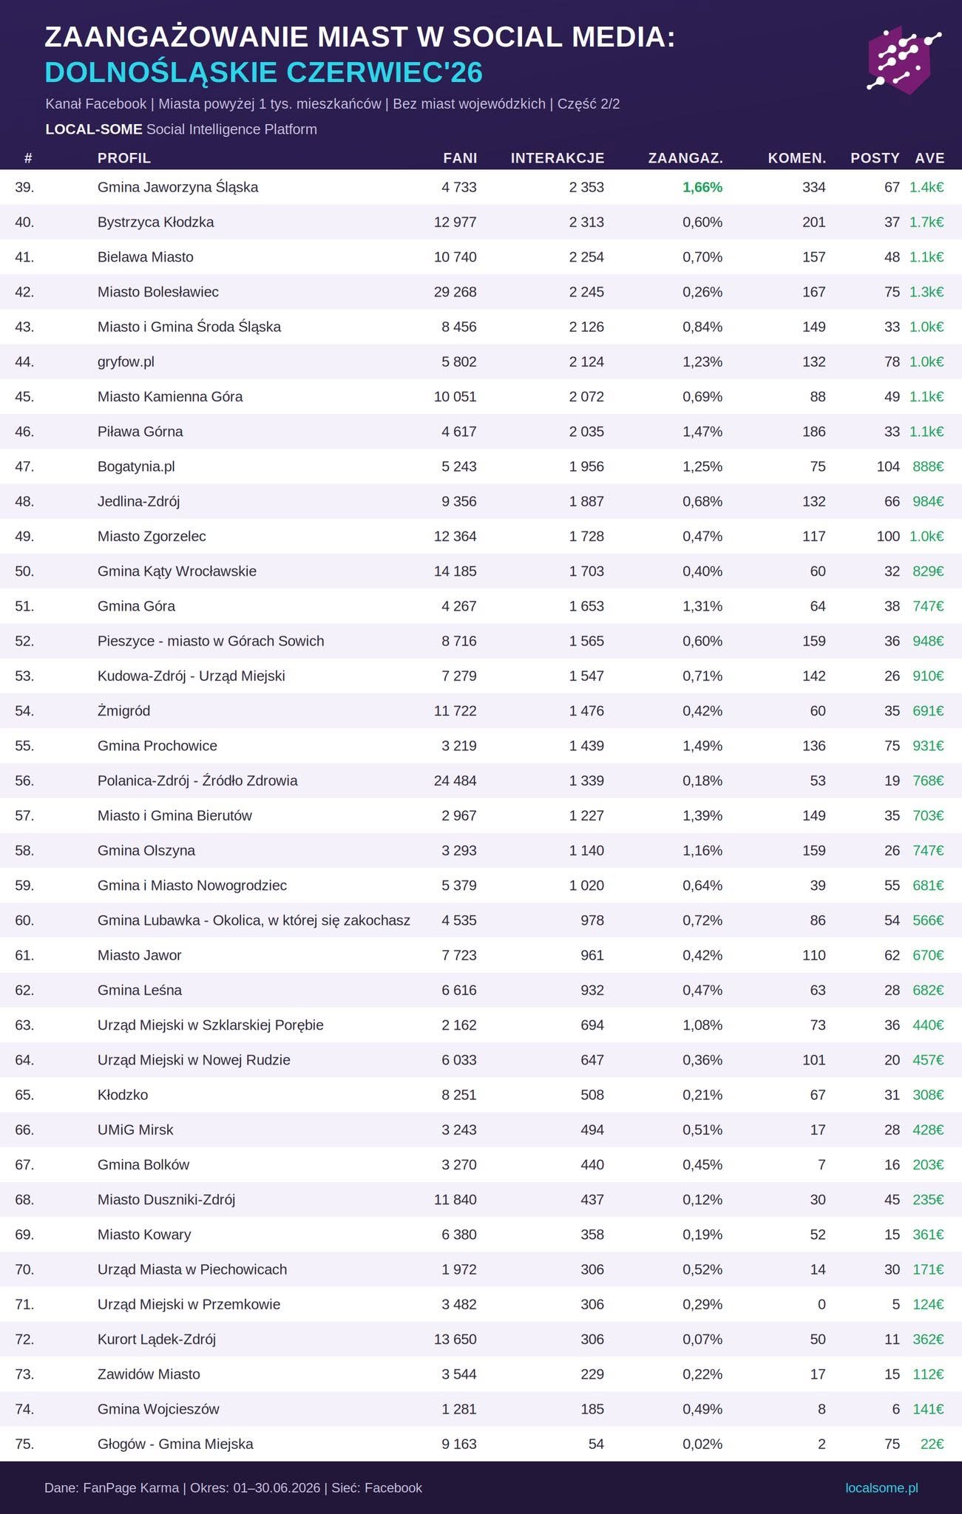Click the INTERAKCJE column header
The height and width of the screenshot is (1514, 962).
558,157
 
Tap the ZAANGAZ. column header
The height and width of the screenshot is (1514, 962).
685,157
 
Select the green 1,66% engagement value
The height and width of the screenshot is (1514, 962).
702,187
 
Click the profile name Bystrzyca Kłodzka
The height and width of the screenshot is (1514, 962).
155,222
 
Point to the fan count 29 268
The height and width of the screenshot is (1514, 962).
455,292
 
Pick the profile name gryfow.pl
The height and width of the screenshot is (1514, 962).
126,361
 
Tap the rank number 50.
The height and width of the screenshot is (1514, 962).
24,571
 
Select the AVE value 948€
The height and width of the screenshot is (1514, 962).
928,641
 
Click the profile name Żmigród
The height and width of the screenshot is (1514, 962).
123,710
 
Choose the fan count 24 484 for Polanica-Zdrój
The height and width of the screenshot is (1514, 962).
455,781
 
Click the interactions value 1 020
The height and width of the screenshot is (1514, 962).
586,886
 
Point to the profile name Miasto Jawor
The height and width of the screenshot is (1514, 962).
139,955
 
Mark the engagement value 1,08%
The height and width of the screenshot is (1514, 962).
702,1025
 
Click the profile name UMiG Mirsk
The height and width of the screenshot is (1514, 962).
135,1130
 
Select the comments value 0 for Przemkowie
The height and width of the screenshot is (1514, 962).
822,1304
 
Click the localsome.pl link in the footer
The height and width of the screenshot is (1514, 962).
881,1487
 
